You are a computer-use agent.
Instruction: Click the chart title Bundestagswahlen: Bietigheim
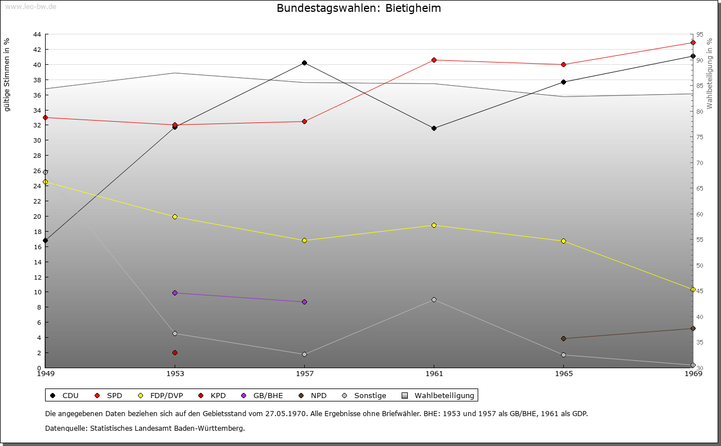tap(359, 8)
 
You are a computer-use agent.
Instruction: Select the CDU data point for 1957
tap(304, 63)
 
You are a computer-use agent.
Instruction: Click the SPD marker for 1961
tap(434, 60)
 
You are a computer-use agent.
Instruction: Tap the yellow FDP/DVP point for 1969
tap(693, 289)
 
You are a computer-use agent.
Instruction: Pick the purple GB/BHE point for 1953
tap(175, 293)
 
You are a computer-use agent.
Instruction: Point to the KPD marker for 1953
tap(175, 352)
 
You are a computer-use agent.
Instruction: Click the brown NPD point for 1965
tap(563, 338)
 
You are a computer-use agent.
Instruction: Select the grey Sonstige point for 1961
tap(434, 299)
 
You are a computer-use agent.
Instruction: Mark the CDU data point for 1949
tap(45, 240)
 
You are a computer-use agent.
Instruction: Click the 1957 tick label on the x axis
tap(304, 373)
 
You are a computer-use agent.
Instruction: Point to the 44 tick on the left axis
tap(37, 34)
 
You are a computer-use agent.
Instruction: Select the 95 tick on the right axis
tap(699, 34)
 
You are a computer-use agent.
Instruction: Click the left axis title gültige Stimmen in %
tap(7, 75)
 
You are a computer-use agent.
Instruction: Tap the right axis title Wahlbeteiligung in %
tap(710, 73)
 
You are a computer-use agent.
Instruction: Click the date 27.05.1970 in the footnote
tap(286, 413)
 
